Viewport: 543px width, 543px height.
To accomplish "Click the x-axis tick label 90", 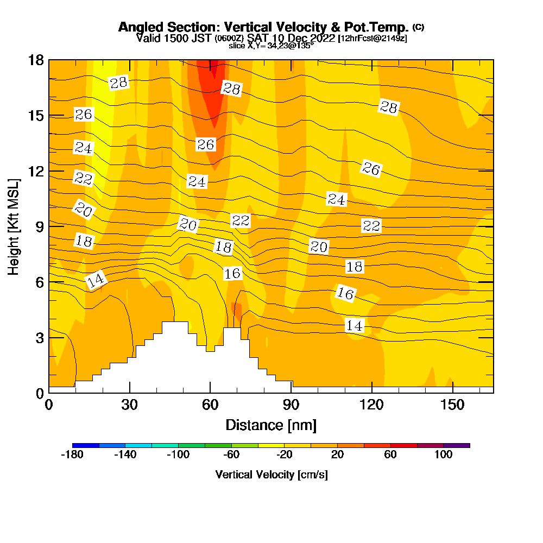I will click(292, 405).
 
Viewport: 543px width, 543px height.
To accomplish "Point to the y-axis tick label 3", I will click(39, 337).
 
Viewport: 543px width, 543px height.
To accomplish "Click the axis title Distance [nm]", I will click(271, 425).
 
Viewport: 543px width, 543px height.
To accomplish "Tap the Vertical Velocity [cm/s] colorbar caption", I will click(271, 475).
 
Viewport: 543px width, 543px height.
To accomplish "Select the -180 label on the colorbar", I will click(72, 455).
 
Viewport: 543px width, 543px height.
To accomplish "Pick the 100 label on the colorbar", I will click(443, 455).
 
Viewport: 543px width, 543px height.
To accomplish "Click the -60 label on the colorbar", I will click(231, 455).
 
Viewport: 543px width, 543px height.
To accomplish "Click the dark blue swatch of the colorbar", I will click(85, 445).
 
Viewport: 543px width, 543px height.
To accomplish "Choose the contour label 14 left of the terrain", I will click(96, 280).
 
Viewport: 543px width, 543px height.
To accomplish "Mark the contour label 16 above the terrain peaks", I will click(232, 274).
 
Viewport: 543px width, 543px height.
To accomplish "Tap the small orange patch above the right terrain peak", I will click(237, 310).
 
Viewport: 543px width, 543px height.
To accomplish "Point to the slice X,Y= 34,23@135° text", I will click(271, 46).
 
